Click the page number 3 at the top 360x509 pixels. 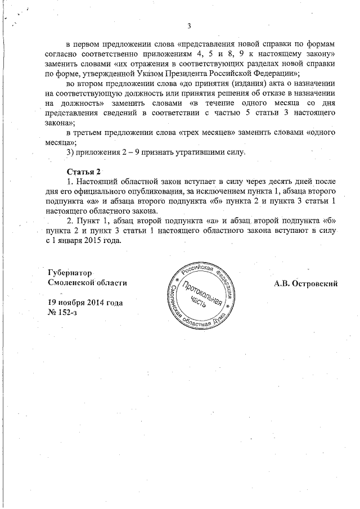point(189,25)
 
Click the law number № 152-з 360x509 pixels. point(63,312)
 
